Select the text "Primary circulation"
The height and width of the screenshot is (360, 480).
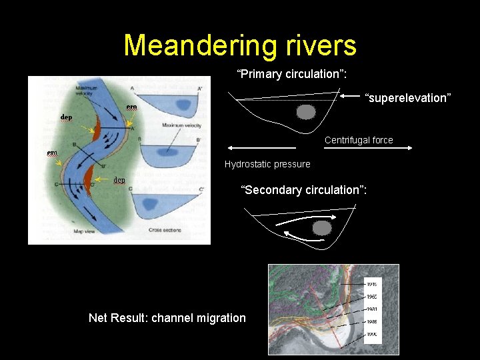[287, 74]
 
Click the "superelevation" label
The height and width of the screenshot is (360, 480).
[408, 98]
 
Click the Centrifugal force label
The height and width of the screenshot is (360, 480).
[359, 140]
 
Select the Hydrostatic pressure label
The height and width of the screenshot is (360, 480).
[267, 164]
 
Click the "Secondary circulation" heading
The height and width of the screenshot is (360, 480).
[303, 190]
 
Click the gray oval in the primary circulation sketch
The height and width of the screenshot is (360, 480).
[305, 112]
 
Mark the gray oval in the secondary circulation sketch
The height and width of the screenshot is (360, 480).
[323, 228]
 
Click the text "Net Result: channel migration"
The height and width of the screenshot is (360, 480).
[167, 318]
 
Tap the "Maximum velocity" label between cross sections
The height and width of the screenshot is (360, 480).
[181, 125]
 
